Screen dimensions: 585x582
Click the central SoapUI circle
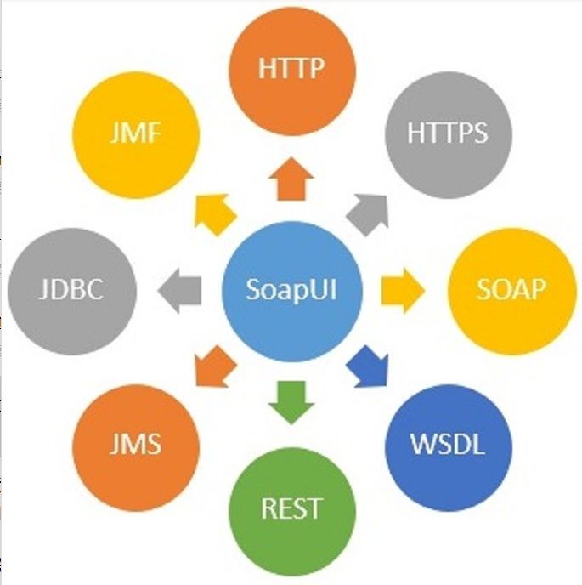point(291,289)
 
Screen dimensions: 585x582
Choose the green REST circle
point(291,508)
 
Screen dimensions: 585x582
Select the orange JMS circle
point(136,445)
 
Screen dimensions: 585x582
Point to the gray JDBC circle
point(71,290)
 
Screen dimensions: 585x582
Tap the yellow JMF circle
point(136,133)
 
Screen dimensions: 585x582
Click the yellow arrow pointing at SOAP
point(398,290)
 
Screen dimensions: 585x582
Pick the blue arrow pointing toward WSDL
point(367,366)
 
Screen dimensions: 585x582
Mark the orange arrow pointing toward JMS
point(215,366)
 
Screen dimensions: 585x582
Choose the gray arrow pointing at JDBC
point(181,290)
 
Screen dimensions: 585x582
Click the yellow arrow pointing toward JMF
point(216,213)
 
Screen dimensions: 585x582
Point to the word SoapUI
point(291,289)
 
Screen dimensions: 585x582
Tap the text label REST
point(291,508)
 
